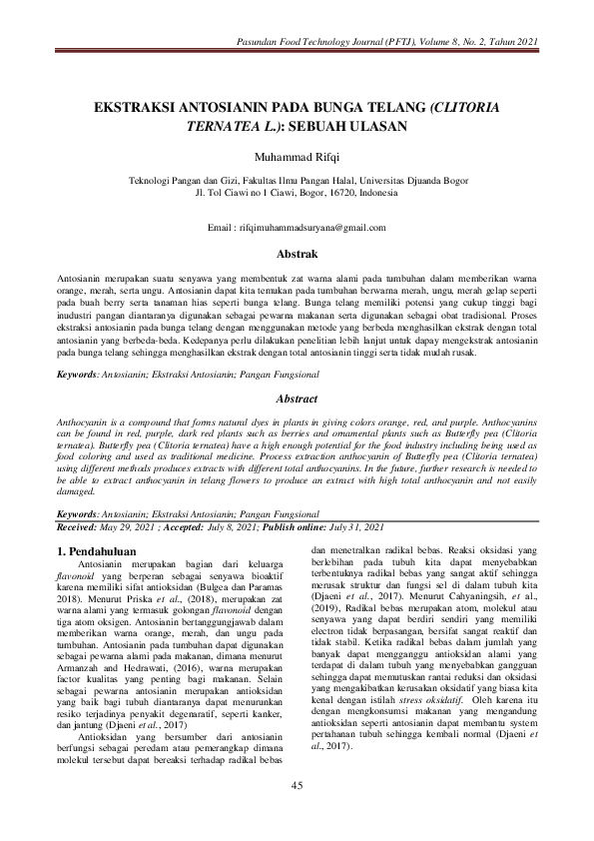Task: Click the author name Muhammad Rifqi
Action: click(297, 158)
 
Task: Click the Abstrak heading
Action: click(297, 255)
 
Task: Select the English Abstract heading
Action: click(297, 399)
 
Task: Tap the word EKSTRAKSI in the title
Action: click(138, 106)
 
